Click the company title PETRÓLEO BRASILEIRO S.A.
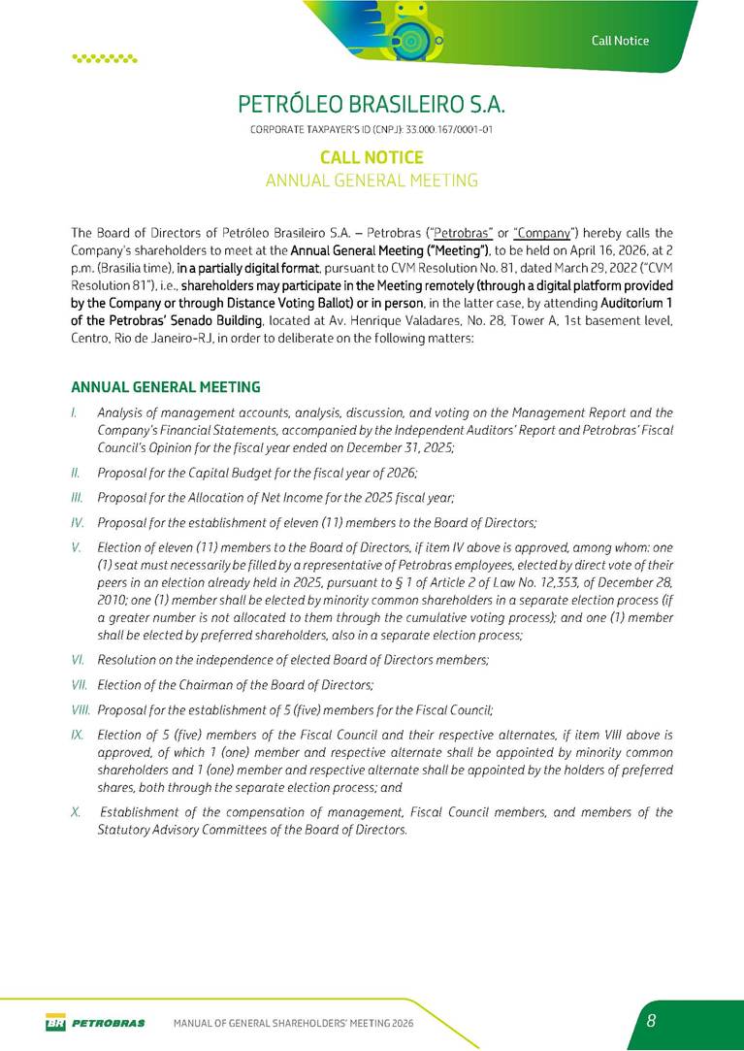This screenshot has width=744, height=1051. (x=372, y=104)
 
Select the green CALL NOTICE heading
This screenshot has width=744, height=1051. (x=372, y=157)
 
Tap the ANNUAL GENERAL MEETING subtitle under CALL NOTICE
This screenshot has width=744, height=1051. (x=372, y=181)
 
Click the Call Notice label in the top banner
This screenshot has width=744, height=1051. (x=620, y=40)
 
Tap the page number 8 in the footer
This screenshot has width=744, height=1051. (x=652, y=1021)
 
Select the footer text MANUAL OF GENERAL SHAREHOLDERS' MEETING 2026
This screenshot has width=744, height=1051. (x=293, y=1023)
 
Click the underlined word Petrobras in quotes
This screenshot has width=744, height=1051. (x=464, y=233)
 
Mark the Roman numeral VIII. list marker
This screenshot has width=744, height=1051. (x=81, y=709)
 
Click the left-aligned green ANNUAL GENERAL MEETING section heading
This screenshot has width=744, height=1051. (x=166, y=387)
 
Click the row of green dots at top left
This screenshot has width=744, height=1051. (x=105, y=58)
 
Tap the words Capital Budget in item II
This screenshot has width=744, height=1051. (x=212, y=473)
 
